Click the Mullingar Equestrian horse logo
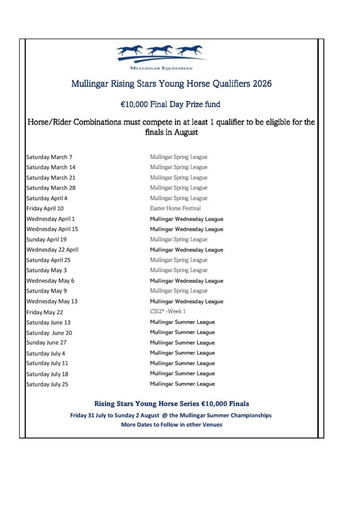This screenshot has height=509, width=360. pyautogui.click(x=161, y=54)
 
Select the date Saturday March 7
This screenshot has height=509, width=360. pyautogui.click(x=49, y=157)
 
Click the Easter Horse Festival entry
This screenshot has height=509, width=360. pyautogui.click(x=176, y=208)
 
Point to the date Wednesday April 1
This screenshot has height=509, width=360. pyautogui.click(x=51, y=219)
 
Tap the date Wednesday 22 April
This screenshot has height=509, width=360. pyautogui.click(x=52, y=250)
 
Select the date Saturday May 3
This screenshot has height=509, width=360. pyautogui.click(x=46, y=270)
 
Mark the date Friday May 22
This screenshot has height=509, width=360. pyautogui.click(x=45, y=312)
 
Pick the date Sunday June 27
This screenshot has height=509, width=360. pyautogui.click(x=46, y=342)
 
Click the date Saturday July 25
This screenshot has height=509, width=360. pyautogui.click(x=47, y=384)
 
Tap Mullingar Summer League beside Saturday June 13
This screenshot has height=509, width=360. pyautogui.click(x=182, y=322)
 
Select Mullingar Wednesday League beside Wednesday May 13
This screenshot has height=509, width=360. pyautogui.click(x=186, y=301)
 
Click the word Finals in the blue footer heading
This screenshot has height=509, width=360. pyautogui.click(x=235, y=404)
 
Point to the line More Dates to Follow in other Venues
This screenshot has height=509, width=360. pyautogui.click(x=172, y=424)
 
